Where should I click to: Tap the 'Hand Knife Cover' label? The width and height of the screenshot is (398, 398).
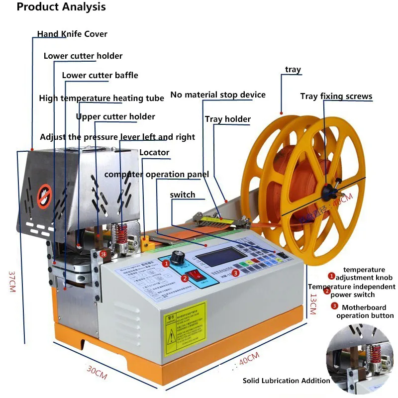point(72,34)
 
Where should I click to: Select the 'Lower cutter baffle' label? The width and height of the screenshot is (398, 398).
point(100,76)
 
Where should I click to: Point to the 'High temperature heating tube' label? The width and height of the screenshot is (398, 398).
point(101,99)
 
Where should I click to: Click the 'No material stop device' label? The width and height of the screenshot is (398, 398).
point(218,95)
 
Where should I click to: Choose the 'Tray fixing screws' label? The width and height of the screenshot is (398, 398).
point(336,97)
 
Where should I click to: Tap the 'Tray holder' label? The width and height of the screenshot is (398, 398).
point(228,119)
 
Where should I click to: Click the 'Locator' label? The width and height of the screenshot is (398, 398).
point(154,152)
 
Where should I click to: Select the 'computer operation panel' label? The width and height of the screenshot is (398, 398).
point(157,175)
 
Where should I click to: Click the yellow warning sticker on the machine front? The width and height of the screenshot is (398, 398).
point(186,327)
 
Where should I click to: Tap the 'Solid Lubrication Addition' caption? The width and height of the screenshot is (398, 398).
point(286,381)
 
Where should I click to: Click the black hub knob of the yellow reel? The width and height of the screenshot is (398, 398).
point(328,189)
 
